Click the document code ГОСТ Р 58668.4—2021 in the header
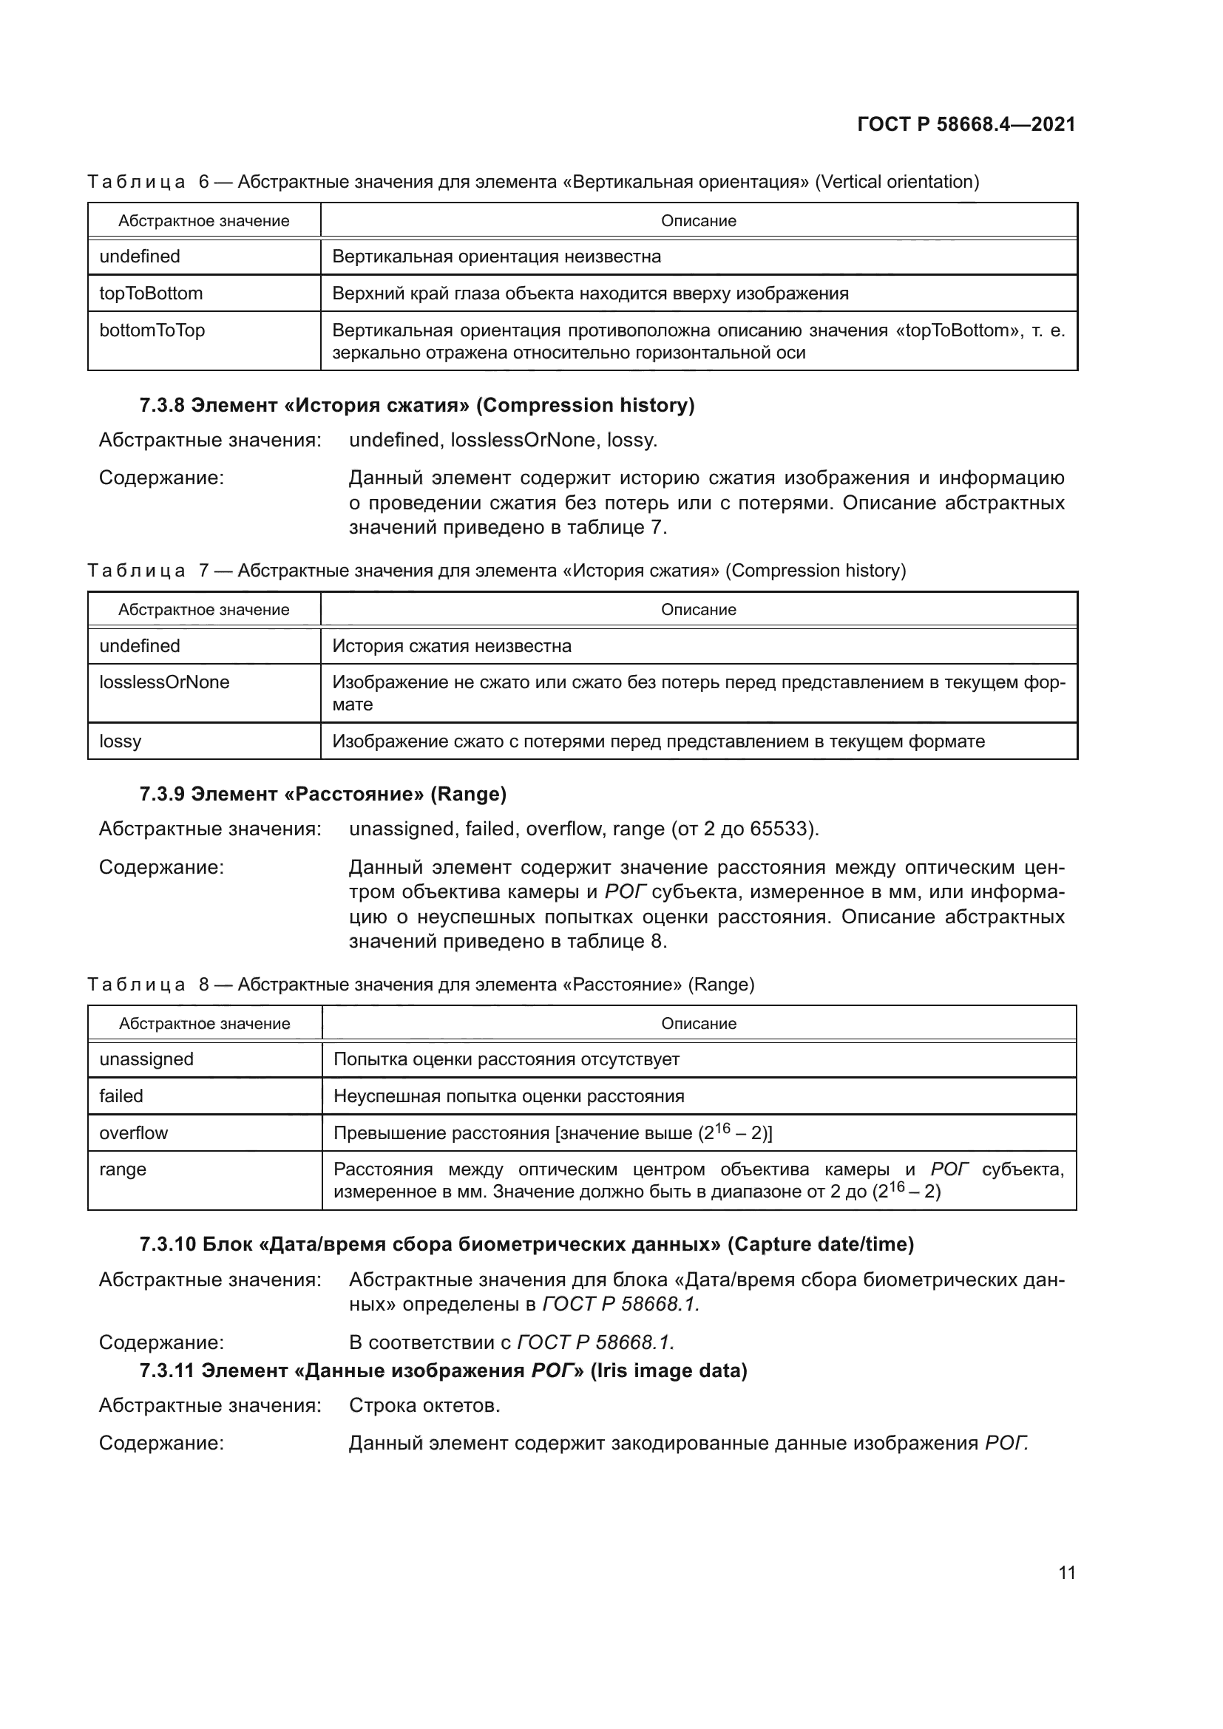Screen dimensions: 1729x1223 [966, 124]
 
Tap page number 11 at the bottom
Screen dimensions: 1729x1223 [1066, 1572]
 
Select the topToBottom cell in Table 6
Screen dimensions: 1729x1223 [151, 293]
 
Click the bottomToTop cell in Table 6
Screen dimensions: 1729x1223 [152, 330]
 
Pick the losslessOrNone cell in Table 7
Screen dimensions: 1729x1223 [164, 682]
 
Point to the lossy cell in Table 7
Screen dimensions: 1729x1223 [121, 741]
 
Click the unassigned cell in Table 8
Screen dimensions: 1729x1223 [146, 1059]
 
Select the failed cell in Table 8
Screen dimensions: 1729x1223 [121, 1096]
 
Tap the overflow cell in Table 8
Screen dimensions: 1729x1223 [133, 1132]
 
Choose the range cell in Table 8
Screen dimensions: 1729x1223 [123, 1169]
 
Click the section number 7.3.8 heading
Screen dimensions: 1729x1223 [161, 405]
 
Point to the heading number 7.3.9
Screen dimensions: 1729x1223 [161, 794]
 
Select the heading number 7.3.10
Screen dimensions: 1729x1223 [166, 1244]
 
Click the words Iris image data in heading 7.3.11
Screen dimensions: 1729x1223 [668, 1370]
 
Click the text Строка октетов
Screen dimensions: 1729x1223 [424, 1405]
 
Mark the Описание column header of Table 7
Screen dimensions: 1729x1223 [698, 609]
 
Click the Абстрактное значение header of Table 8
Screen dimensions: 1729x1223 [204, 1023]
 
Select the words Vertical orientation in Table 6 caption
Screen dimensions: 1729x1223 [897, 182]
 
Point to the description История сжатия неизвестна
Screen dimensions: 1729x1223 [452, 645]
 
